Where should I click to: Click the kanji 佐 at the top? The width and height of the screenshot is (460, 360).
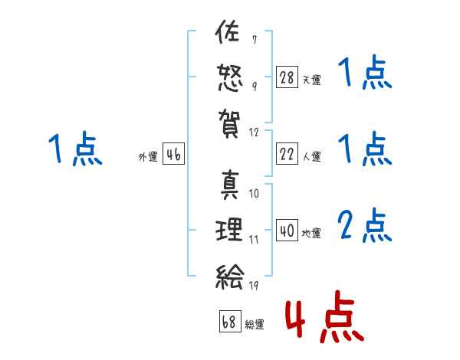227,31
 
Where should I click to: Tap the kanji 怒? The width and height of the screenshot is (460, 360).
230,77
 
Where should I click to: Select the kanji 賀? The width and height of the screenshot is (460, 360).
229,123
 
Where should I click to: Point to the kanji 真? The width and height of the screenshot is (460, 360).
230,185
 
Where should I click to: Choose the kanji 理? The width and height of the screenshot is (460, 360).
229,230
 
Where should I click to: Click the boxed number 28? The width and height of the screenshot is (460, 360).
287,77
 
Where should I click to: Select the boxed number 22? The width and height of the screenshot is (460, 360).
287,154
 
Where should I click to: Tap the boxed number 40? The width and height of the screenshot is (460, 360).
287,230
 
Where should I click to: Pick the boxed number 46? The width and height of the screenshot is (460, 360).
173,154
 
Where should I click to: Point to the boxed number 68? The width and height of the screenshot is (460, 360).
230,321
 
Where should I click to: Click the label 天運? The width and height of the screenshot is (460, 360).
312,80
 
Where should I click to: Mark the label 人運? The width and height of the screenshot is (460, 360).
312,156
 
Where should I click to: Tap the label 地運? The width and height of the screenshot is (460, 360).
311,233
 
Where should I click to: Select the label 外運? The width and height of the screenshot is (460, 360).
148,156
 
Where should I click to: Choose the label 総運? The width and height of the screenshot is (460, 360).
255,324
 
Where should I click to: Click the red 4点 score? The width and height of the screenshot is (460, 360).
324,316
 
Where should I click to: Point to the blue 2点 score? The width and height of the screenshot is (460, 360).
365,225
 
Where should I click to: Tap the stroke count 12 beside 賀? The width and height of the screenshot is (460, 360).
254,133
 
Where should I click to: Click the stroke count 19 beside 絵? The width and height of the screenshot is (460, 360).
254,285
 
